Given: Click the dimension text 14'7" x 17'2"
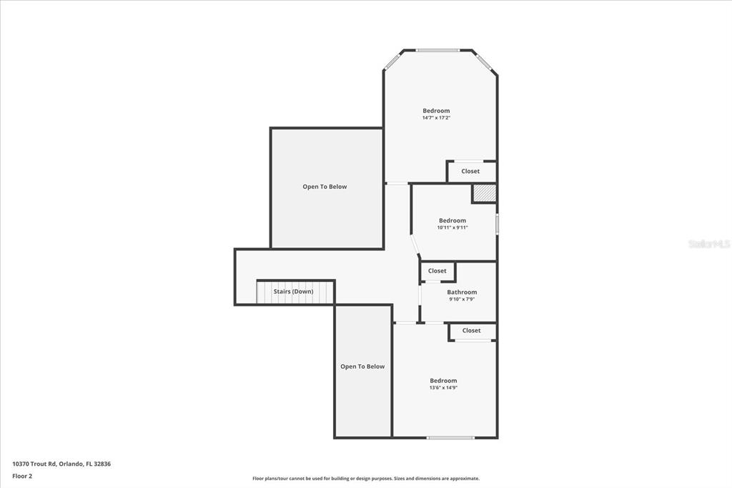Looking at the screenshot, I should pyautogui.click(x=436, y=118).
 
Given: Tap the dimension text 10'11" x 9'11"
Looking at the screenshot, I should pyautogui.click(x=452, y=228).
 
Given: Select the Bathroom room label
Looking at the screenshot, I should pyautogui.click(x=462, y=292).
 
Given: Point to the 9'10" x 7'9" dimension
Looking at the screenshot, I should pyautogui.click(x=462, y=299).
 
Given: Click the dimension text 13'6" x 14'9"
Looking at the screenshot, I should pyautogui.click(x=443, y=388).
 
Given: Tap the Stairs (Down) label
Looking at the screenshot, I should pyautogui.click(x=293, y=291).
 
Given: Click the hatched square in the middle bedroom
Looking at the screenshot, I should pyautogui.click(x=484, y=193).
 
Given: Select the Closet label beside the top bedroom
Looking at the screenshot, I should pyautogui.click(x=470, y=171).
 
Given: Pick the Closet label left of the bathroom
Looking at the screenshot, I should pyautogui.click(x=437, y=270).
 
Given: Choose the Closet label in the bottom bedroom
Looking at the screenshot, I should pyautogui.click(x=471, y=331).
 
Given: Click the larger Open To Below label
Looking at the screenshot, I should pyautogui.click(x=325, y=187).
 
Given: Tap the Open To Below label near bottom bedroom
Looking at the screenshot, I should pyautogui.click(x=362, y=366).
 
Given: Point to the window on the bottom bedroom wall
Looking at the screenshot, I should pyautogui.click(x=450, y=437).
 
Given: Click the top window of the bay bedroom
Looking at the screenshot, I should pyautogui.click(x=437, y=50).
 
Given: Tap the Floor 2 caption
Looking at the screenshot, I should pyautogui.click(x=22, y=476).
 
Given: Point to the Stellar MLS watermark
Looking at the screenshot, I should pyautogui.click(x=709, y=244).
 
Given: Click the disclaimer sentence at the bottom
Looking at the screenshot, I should pyautogui.click(x=365, y=479).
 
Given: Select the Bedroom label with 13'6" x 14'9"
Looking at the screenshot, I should pyautogui.click(x=443, y=381).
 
